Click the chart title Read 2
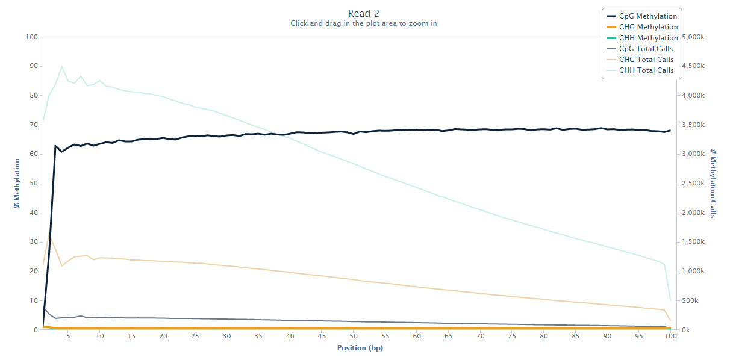(x=364, y=13)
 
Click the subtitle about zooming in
(x=364, y=23)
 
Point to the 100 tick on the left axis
(x=32, y=37)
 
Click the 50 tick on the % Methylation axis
(x=34, y=184)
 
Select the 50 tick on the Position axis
(x=354, y=337)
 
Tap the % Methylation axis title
(x=17, y=184)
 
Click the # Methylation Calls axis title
(x=713, y=184)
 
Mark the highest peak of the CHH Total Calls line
(x=61, y=66)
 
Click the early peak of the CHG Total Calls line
(x=49, y=232)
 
